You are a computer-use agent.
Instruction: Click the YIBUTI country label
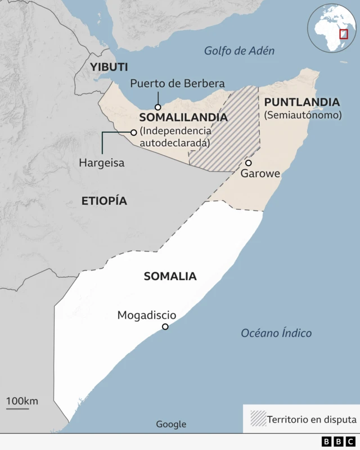coord(109,67)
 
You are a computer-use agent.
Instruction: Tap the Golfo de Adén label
coord(239,51)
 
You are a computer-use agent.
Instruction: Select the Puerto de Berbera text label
coord(177,84)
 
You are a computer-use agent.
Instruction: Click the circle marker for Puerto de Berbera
coord(158,107)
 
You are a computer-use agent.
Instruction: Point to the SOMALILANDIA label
coord(183,118)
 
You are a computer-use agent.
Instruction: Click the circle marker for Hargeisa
coord(133,133)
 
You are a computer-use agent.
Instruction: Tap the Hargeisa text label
coord(102,163)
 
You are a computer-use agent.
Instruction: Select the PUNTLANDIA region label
coord(301,102)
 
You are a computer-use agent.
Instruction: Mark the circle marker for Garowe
coord(248,163)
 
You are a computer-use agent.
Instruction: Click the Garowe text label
coord(260,174)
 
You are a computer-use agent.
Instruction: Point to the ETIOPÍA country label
coord(104,201)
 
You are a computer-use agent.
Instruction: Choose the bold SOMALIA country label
coord(170,276)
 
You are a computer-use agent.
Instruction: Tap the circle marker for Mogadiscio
coord(165,327)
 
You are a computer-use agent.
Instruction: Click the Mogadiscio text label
coord(146,316)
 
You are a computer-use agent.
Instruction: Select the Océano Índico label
coord(276,333)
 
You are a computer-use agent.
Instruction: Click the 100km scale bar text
coord(22,401)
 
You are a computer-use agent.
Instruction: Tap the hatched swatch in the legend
coord(258,419)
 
